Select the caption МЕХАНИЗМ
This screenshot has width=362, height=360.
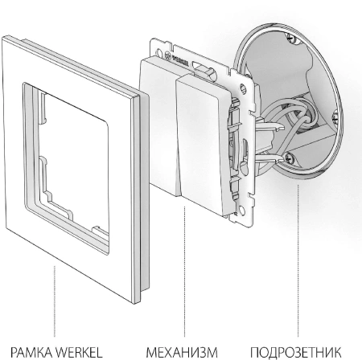[182, 352]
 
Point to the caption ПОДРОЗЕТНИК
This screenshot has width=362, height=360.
[296, 352]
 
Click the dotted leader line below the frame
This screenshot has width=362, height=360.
[55, 301]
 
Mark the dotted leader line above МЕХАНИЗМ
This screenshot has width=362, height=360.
[184, 272]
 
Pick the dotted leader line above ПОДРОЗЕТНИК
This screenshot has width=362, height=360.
[298, 260]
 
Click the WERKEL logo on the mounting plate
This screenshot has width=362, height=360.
[175, 59]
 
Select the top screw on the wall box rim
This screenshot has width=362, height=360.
[291, 39]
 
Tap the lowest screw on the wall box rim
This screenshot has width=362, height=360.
[290, 158]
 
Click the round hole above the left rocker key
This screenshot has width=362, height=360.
[158, 51]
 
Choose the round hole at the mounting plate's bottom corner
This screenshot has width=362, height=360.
[242, 211]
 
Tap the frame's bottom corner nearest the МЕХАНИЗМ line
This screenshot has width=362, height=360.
[137, 303]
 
